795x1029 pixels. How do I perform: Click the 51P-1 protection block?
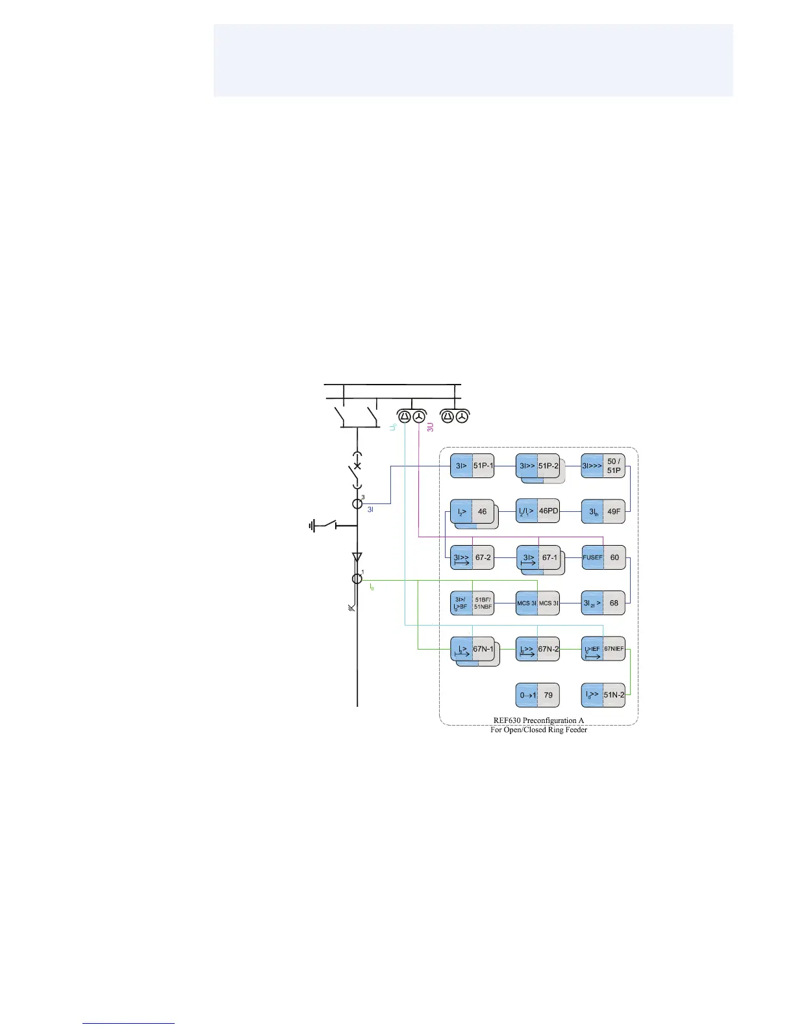(472, 466)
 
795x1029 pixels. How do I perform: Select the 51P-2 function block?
(538, 466)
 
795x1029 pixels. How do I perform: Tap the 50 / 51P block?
(603, 466)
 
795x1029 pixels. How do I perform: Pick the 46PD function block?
(538, 511)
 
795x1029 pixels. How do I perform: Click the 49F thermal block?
(603, 511)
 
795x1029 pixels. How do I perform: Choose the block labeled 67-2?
(472, 557)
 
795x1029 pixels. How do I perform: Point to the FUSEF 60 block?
(603, 557)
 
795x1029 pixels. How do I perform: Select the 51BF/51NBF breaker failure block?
(472, 603)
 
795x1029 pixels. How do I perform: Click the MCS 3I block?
(538, 603)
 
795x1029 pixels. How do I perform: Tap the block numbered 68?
(603, 603)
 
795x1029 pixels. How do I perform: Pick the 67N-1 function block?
(472, 649)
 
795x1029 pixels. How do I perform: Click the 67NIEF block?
(603, 649)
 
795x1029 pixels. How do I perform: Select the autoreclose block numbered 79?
(538, 695)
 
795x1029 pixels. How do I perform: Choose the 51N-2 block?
(603, 695)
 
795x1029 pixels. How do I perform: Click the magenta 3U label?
(430, 427)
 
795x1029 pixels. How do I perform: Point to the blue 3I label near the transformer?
(370, 510)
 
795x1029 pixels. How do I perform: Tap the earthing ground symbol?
(313, 526)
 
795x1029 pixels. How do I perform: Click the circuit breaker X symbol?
(357, 466)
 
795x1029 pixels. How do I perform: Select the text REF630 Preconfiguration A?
(538, 720)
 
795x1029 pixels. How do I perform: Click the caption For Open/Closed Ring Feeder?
(538, 730)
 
